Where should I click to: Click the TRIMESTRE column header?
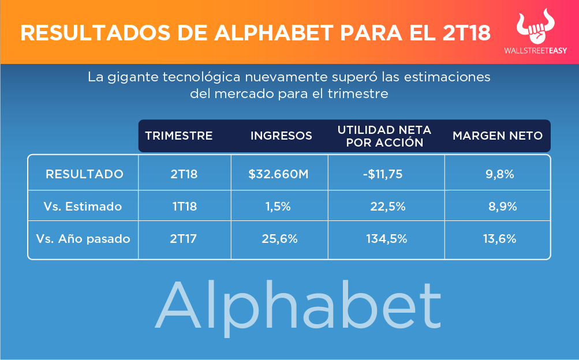[179, 136]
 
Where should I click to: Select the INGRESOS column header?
[281, 136]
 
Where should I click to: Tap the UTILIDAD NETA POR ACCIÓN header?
[384, 136]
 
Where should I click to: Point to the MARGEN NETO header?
[498, 136]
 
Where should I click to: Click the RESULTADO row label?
[84, 174]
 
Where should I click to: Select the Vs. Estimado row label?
[83, 206]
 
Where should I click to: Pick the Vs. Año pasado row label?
[83, 238]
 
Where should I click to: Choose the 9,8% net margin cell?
[500, 174]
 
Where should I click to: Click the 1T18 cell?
[184, 206]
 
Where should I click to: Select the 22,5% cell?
[388, 206]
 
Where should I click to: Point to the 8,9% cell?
[502, 206]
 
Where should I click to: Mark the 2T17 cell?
[184, 238]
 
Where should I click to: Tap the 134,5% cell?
[387, 238]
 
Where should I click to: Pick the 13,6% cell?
[499, 238]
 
